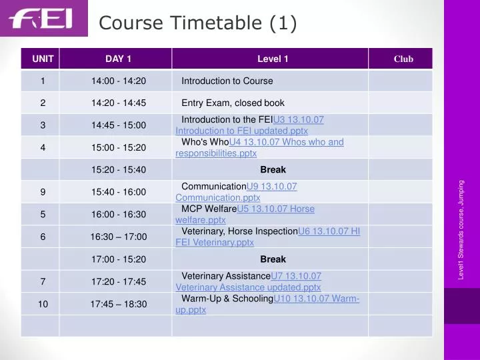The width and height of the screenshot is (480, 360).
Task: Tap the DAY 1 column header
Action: (119, 59)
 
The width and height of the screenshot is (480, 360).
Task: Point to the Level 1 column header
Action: (273, 59)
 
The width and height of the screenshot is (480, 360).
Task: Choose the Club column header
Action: (403, 59)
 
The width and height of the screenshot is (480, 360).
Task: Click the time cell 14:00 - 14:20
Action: (119, 81)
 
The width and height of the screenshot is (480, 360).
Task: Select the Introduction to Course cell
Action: (227, 81)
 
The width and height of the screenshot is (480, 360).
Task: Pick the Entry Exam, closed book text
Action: (233, 103)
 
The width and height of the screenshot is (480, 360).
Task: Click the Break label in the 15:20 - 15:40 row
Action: (273, 169)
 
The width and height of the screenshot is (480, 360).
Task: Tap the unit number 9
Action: (43, 192)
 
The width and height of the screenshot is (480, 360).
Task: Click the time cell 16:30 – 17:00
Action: (119, 237)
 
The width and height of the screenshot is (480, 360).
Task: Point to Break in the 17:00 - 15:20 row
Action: (273, 259)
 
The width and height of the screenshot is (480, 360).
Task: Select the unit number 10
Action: (43, 304)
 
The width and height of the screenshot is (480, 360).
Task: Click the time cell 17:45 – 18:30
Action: (119, 304)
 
